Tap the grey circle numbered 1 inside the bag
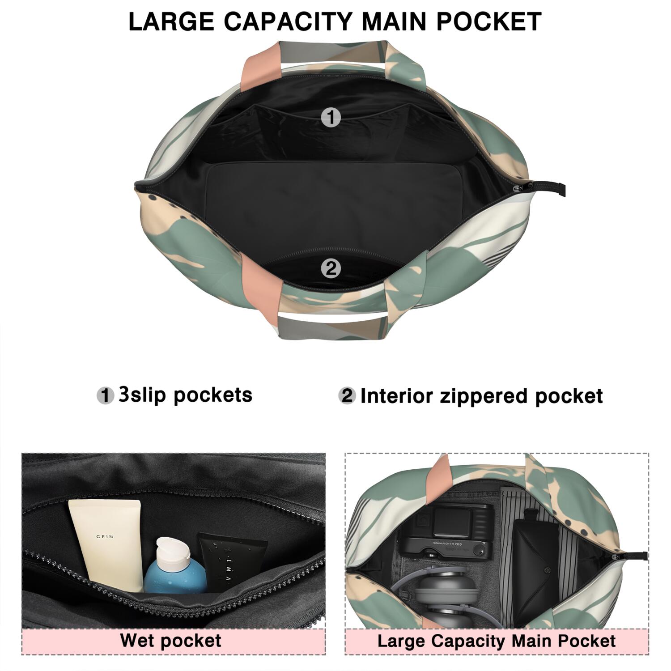point(331,118)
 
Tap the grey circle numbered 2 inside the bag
point(331,268)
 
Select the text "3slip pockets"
point(185,395)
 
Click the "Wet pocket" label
point(170,640)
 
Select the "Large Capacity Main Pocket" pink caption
point(497,641)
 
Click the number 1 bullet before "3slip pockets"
point(106,396)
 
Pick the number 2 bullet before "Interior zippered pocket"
point(347,396)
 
